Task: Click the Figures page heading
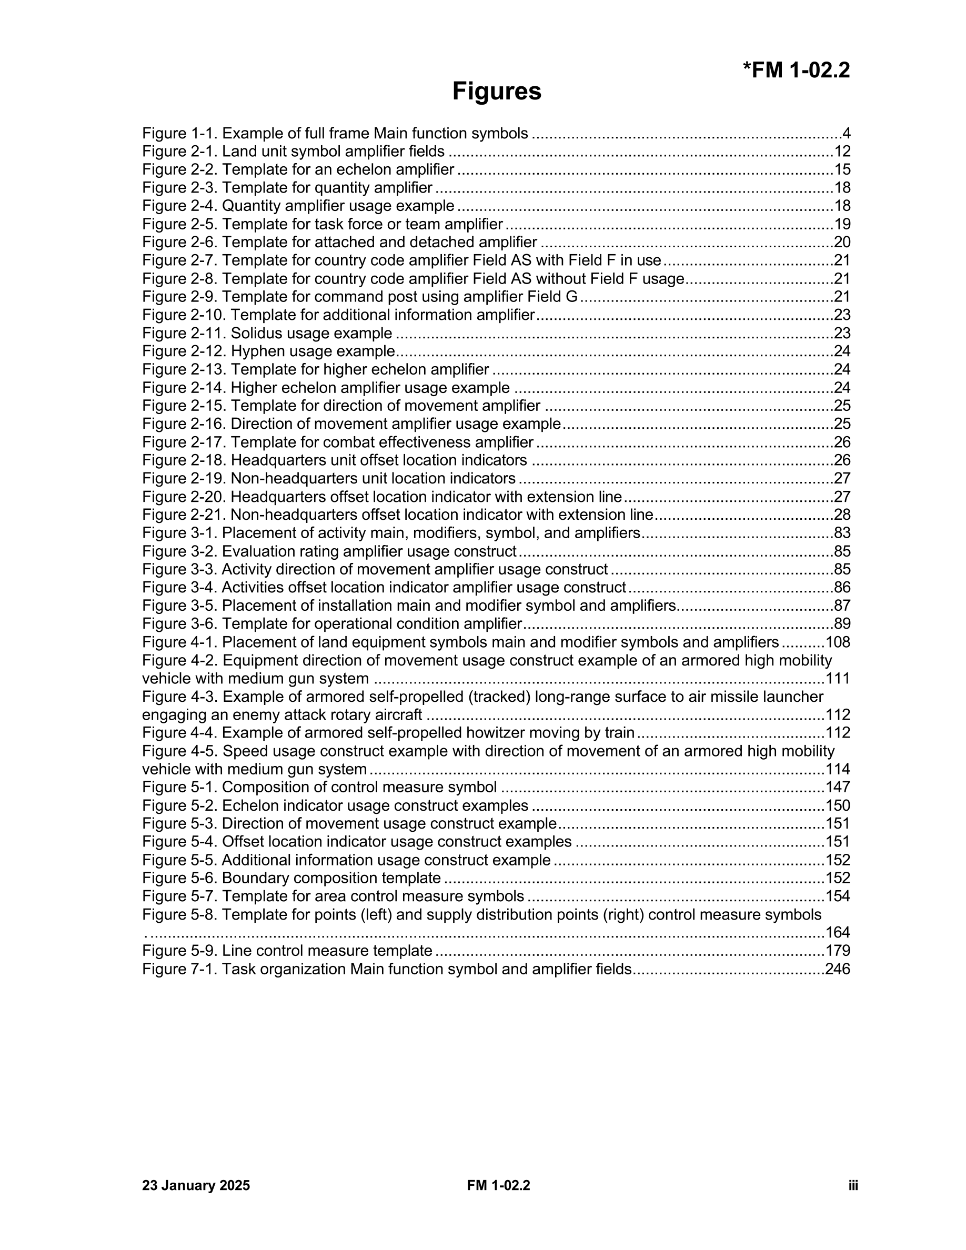pos(496,92)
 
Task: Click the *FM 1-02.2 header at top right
pos(796,70)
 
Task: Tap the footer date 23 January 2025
pos(196,1185)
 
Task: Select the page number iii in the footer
pos(853,1185)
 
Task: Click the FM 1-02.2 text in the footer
pos(498,1185)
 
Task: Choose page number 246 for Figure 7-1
pos(837,969)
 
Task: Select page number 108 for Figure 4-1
pos(838,642)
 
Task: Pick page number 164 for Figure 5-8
pos(838,932)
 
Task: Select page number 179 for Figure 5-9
pos(838,951)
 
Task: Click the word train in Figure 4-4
pos(621,733)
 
